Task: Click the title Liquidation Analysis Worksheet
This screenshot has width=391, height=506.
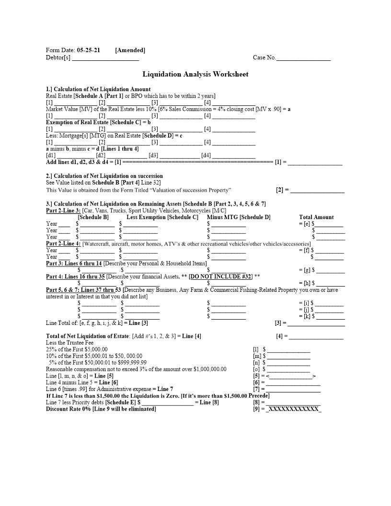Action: pyautogui.click(x=195, y=74)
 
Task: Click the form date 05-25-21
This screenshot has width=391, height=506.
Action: pyautogui.click(x=89, y=50)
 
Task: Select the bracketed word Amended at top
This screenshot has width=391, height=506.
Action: pyautogui.click(x=130, y=50)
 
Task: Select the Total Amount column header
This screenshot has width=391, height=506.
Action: pyautogui.click(x=316, y=217)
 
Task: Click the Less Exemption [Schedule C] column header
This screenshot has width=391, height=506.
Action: pyautogui.click(x=162, y=217)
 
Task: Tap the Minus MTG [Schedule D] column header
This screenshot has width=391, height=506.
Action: pyautogui.click(x=238, y=217)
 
